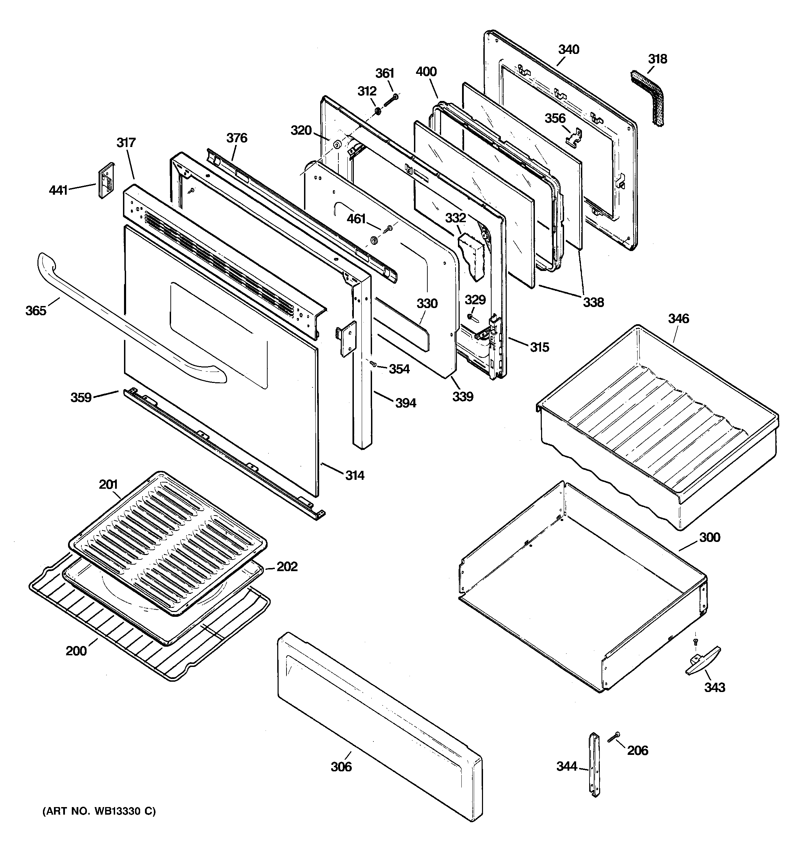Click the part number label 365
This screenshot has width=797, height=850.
pos(35,310)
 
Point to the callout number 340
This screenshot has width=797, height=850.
pos(569,49)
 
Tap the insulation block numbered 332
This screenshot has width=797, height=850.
pos(472,257)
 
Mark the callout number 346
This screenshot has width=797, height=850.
pos(678,319)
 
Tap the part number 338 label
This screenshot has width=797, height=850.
pos(593,302)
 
